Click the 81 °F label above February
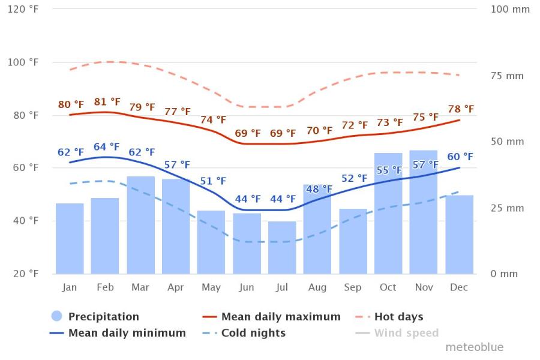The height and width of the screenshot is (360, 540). tap(107, 102)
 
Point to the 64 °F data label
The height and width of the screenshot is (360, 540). tap(107, 147)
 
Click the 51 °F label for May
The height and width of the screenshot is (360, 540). tap(213, 181)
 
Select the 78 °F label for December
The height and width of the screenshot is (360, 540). tap(460, 109)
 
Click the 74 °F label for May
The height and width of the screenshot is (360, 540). tap(213, 120)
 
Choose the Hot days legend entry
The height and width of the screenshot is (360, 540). tap(398, 317)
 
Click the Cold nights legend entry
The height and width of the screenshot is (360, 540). tap(253, 332)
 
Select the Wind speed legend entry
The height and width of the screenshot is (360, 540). tap(406, 332)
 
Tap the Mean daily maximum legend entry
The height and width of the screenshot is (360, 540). tap(280, 317)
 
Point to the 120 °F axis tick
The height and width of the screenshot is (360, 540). tap(24, 10)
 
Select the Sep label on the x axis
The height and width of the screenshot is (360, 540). tap(353, 287)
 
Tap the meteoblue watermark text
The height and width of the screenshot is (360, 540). tap(474, 347)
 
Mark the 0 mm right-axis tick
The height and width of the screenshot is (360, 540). tap(503, 274)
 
